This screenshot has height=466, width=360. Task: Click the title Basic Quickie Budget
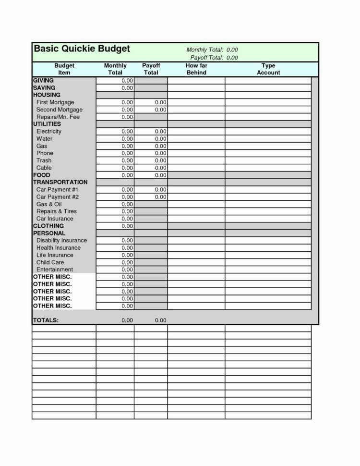click(82, 49)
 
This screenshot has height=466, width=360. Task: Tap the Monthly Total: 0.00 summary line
click(212, 50)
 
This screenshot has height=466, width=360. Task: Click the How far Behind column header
click(196, 69)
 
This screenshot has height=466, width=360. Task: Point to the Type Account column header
click(268, 69)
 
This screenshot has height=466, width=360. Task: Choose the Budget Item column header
click(64, 69)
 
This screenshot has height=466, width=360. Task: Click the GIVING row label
click(43, 80)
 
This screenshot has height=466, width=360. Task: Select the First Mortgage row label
click(55, 102)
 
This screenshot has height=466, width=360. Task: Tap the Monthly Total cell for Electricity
click(115, 131)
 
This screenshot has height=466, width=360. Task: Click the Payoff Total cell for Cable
click(151, 168)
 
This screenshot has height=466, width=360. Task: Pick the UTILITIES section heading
click(47, 124)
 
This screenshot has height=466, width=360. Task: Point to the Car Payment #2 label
click(57, 197)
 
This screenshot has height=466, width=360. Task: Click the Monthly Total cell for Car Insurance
click(115, 219)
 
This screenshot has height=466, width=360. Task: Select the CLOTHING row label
click(48, 226)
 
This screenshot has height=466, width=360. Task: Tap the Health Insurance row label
click(58, 248)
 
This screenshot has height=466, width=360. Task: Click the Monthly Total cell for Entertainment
click(115, 270)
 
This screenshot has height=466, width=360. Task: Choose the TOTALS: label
click(46, 320)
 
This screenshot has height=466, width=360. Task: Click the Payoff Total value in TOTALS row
click(160, 320)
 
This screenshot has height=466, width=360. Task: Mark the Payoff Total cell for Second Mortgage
click(151, 110)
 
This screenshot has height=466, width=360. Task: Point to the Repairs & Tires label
click(56, 211)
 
